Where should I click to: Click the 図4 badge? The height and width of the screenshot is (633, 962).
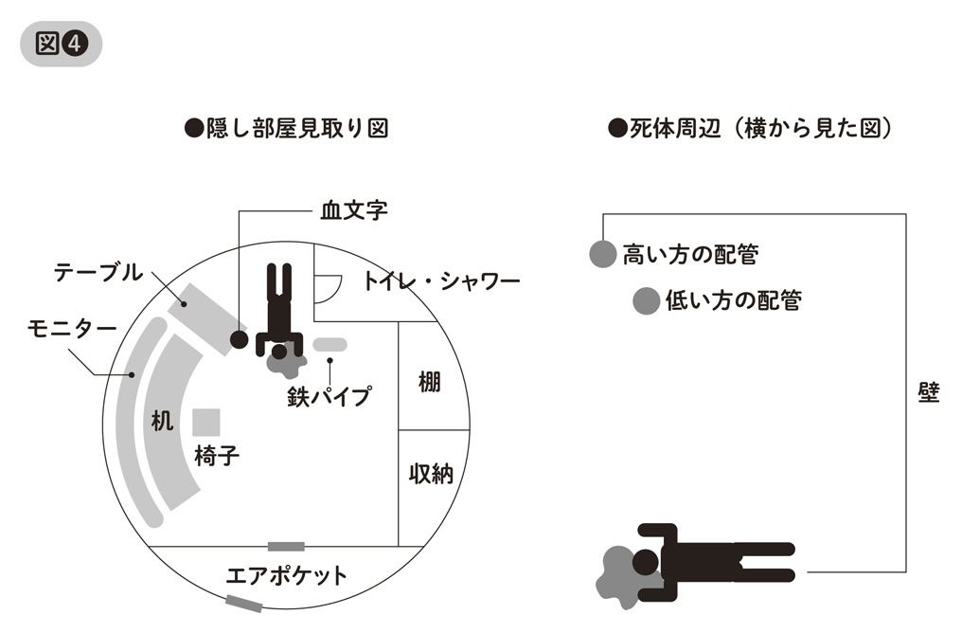tap(61, 44)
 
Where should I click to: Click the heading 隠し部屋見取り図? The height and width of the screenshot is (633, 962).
tap(286, 129)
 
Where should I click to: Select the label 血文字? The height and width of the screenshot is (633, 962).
tap(354, 210)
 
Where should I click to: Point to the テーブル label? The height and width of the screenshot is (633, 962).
tap(98, 273)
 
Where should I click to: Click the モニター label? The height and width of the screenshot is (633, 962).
tap(72, 329)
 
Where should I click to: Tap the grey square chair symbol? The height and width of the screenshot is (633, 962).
tap(206, 422)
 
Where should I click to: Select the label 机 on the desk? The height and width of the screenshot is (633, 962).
tap(163, 422)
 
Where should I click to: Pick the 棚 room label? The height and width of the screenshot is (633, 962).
tap(432, 383)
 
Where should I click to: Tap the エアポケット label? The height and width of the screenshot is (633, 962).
tap(287, 575)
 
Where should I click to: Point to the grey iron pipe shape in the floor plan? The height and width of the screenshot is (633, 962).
tap(330, 343)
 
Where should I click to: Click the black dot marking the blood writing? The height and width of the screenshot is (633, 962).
tap(240, 338)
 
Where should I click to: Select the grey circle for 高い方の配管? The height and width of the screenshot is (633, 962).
tap(602, 254)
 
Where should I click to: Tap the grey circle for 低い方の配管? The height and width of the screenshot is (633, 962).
tap(646, 301)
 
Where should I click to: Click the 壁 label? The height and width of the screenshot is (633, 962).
tap(929, 393)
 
